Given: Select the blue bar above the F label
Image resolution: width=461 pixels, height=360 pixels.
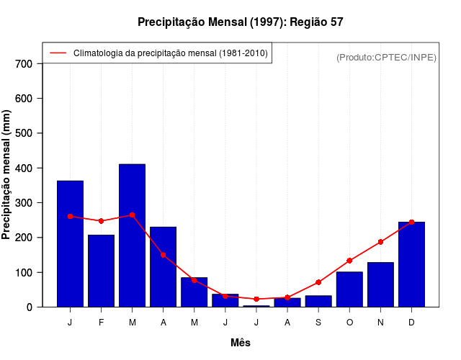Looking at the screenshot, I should coord(101,271).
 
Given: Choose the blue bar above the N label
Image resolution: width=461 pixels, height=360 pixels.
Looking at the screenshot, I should coord(380,284).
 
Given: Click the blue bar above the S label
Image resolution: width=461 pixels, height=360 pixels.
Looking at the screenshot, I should coord(318,301).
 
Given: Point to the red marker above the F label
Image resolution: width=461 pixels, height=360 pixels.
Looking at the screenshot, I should coord(101,221).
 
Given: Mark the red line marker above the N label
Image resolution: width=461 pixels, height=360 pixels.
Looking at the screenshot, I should coord(380,242).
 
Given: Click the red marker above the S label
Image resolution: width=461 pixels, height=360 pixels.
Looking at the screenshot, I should coord(318,282).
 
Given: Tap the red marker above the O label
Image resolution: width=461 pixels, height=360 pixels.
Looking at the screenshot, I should coord(349,261).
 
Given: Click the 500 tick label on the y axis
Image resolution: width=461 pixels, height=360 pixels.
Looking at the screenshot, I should coord(24,133).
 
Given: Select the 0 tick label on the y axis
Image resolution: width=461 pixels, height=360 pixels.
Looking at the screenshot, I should coord(30,307).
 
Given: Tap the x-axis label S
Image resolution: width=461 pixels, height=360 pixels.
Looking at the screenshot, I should coord(318,323).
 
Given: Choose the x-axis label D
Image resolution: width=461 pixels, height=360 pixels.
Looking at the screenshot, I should coord(411,323).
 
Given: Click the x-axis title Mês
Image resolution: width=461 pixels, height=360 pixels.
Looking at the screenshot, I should coord(241,343).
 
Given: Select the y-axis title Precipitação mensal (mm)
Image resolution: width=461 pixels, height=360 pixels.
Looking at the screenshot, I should coord(7,179).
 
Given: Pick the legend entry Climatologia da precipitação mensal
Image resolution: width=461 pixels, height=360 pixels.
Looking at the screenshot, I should coord(171,53).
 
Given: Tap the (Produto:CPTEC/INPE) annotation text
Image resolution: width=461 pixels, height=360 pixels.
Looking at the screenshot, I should coord(387,57).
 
